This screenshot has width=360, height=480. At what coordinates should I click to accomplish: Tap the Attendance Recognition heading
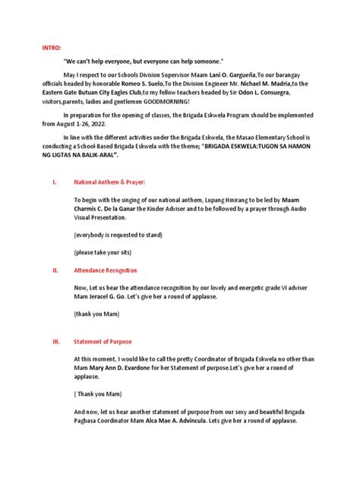105,269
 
